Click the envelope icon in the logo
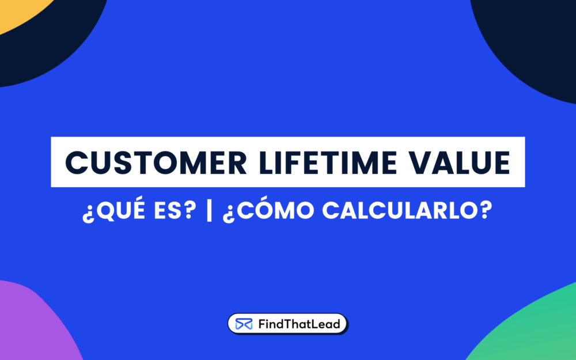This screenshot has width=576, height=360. pyautogui.click(x=244, y=324)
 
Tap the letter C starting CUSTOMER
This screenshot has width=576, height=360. pyautogui.click(x=76, y=162)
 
